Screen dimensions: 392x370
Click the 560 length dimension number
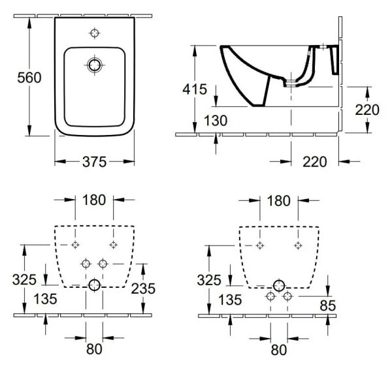tap(29, 78)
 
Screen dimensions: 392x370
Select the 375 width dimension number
tap(95, 162)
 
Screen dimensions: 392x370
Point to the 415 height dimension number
tap(195, 89)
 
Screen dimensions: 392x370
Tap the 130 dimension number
tap(216, 121)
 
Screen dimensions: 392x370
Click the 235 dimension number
tap(143, 288)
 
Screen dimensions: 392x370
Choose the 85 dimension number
tap(327, 305)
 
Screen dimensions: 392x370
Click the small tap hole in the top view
tap(95, 33)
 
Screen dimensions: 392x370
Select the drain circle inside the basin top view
tap(95, 65)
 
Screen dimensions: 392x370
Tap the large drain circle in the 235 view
tap(95, 285)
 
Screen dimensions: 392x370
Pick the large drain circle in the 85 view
tap(279, 286)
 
